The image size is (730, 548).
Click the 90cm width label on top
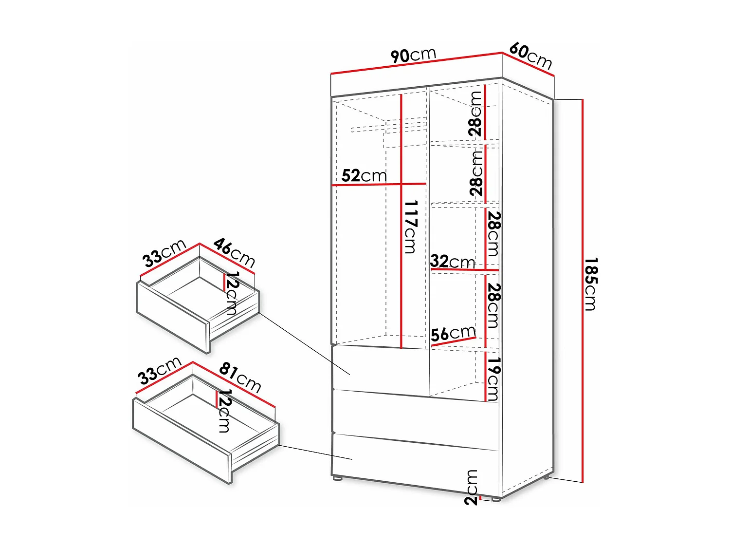413,55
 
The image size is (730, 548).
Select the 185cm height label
591,284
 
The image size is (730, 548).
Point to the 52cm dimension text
364,175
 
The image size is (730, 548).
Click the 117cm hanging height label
411,227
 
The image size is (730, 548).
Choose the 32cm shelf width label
452,262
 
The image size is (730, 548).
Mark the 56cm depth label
453,334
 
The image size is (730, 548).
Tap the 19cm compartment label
493,379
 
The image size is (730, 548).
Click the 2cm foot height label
471,487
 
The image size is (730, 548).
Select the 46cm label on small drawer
234,252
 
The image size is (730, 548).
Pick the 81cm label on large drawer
240,377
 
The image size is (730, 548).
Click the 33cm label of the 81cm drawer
159,371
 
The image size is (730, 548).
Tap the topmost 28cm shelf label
475,113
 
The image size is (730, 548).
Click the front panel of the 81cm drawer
180,441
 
